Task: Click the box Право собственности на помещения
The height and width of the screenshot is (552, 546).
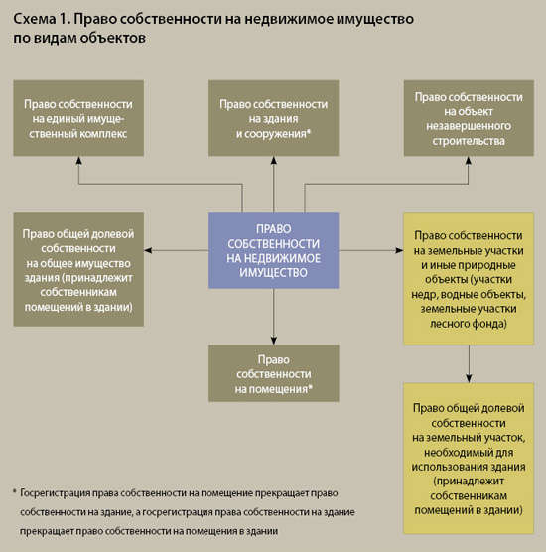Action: tap(273, 373)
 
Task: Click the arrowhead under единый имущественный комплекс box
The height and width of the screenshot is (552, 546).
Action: tap(78, 167)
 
